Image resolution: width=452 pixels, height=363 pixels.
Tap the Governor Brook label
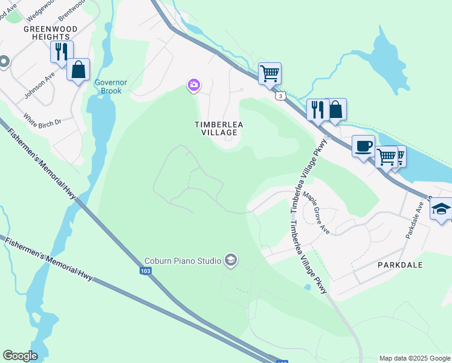tap(108, 87)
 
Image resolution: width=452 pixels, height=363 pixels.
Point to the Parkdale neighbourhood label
tap(400, 265)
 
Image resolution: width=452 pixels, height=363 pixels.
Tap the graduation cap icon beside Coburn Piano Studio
tap(230, 261)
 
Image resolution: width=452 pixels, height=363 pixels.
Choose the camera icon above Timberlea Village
tap(193, 85)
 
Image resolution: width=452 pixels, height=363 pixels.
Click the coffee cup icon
tap(363, 146)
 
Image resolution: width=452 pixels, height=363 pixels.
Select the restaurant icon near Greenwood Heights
tap(62, 51)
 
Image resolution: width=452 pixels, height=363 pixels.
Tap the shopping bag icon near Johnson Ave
tap(79, 70)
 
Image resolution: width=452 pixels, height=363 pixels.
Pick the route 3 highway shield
tap(279, 96)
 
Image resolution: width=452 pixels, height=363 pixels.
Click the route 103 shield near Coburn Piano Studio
tap(146, 271)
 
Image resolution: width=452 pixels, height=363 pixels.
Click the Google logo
tap(20, 356)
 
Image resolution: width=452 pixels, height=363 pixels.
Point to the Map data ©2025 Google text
tap(414, 358)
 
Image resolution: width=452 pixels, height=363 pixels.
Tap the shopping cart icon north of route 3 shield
tap(270, 74)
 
